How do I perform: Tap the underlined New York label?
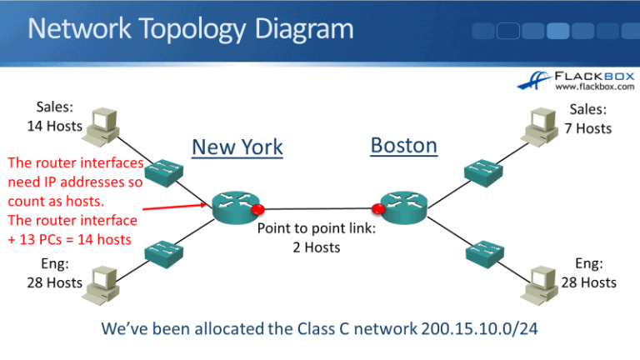click(237, 147)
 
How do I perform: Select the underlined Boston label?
click(403, 146)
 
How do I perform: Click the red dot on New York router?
click(257, 209)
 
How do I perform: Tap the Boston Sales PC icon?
click(538, 122)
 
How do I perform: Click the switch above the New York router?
click(163, 173)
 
